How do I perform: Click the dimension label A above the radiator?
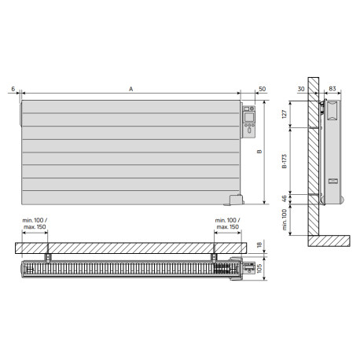(x=131, y=90)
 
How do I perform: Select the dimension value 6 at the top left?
(x=14, y=90)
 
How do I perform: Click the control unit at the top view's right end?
(x=248, y=268)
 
